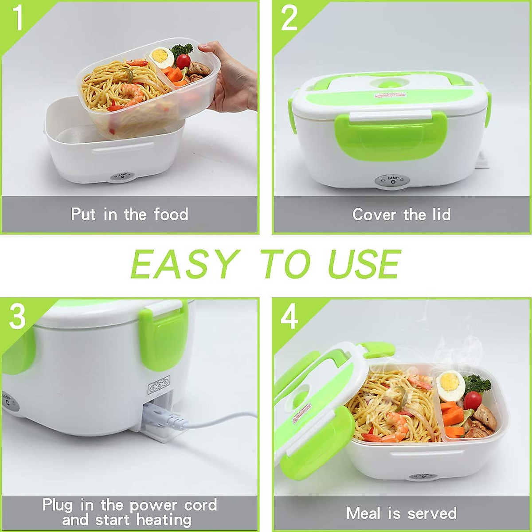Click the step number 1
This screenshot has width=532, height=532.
point(18,19)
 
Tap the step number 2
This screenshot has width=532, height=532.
point(289,19)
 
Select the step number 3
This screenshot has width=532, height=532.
point(18,316)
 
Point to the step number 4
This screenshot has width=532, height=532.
point(289,317)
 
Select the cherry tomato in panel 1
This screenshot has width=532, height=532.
point(184,61)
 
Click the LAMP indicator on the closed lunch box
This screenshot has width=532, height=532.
point(393,180)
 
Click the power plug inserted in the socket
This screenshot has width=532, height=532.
point(166,417)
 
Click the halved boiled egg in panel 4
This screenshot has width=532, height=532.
point(451,384)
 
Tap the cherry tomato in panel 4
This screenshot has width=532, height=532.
point(473,400)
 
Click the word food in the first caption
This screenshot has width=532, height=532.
point(171,215)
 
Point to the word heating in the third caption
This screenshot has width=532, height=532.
point(163,519)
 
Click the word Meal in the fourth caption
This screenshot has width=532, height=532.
point(363,513)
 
